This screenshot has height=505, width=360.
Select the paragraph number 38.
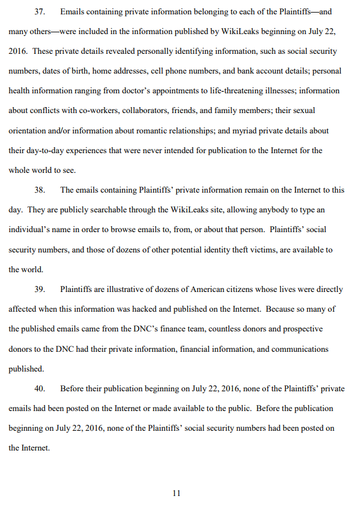(39, 190)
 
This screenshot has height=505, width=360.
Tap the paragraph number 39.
(39, 289)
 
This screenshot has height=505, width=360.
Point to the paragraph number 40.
(39, 388)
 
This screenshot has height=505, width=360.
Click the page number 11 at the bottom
(176, 493)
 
